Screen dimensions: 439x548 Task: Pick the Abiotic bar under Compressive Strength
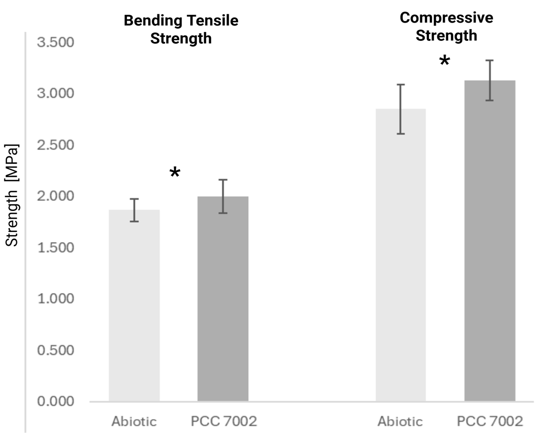coord(401,255)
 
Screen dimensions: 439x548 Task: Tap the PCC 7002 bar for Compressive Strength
coord(489,241)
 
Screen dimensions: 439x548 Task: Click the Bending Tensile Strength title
coord(181,29)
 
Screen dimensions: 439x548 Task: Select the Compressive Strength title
coord(446,27)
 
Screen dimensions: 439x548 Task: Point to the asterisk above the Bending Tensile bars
coord(175,173)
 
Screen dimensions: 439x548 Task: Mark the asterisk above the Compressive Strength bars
coord(444,61)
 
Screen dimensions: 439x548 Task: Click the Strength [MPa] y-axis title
coord(12,195)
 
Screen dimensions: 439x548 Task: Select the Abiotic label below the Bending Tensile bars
coord(134,422)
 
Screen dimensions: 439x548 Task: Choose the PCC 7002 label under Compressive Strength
coord(489,422)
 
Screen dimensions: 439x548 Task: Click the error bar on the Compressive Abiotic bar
coord(401,109)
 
